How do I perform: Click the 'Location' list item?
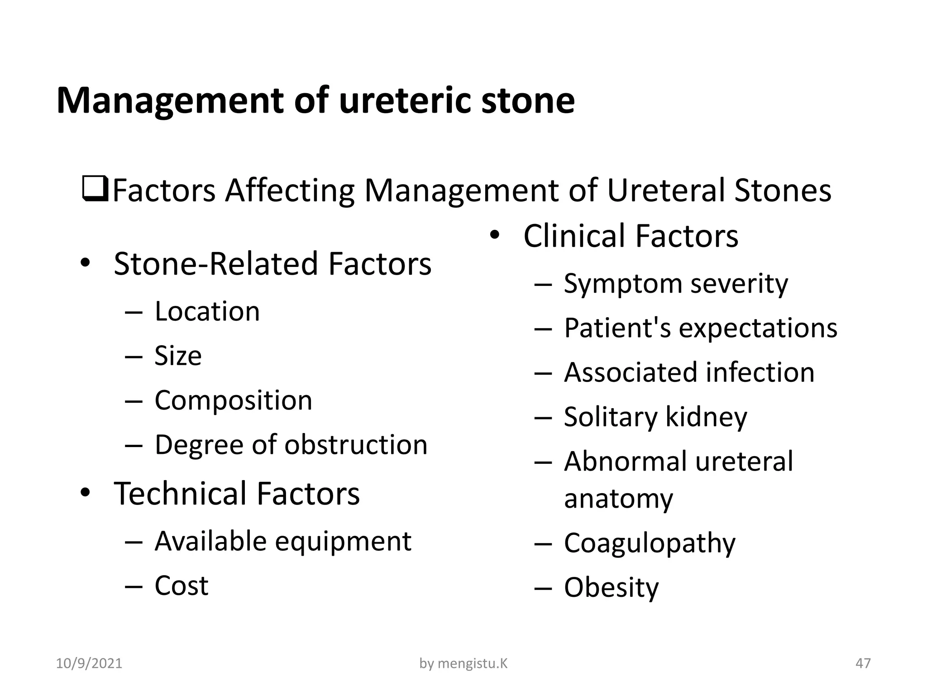tap(207, 311)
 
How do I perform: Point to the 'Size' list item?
tap(178, 356)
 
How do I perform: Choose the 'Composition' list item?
tap(233, 400)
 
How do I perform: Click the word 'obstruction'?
tap(356, 444)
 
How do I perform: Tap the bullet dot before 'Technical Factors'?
tap(86, 493)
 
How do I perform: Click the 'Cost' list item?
tap(181, 586)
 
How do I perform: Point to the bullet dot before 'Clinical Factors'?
tap(495, 235)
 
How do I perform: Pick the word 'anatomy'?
tap(618, 499)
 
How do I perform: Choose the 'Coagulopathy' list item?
tap(650, 543)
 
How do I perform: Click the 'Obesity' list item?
tap(611, 587)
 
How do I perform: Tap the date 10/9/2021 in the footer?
tap(89, 663)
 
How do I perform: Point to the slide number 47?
tap(863, 663)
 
